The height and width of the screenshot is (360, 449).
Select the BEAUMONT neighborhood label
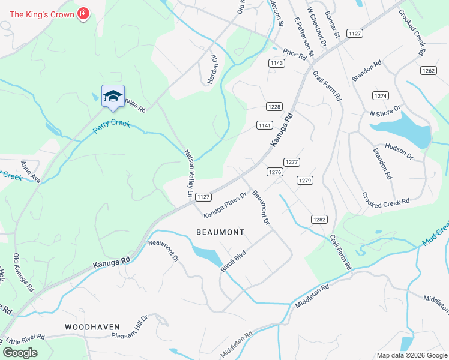pos(220,232)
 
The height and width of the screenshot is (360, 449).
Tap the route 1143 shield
pos(276,63)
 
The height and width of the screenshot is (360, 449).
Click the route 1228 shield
pos(274,106)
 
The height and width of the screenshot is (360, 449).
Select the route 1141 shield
pos(265,125)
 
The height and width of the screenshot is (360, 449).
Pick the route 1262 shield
pos(428,70)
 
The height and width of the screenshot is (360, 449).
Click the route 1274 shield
pos(381,96)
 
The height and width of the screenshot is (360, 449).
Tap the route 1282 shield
pos(318,220)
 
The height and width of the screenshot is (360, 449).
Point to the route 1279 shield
pos(305,180)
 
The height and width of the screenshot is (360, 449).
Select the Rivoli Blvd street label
pos(234,262)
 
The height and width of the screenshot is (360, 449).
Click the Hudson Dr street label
pos(399,151)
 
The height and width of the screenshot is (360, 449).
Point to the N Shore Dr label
pos(385,112)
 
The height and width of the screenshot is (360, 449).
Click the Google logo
pos(20,353)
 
